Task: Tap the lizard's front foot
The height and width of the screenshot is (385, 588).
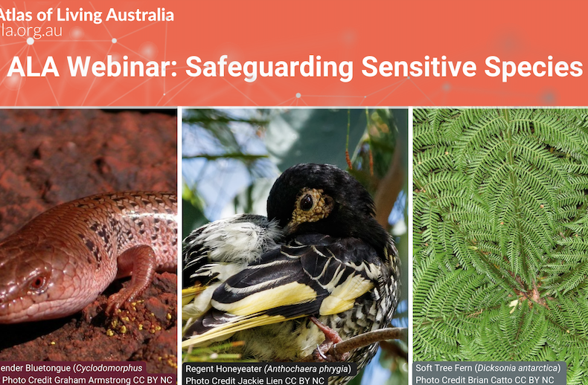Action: [119, 300]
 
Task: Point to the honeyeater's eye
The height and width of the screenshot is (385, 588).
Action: [306, 201]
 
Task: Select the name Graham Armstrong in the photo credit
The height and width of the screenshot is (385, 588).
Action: [93, 380]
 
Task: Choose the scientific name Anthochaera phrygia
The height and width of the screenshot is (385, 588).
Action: [313, 369]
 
